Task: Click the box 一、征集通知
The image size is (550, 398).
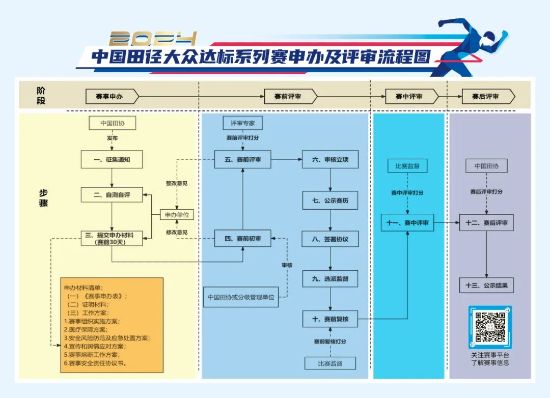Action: [112, 159]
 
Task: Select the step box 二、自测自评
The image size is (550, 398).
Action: [112, 194]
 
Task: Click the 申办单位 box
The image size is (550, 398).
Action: [177, 215]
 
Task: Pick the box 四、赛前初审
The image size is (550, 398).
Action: [242, 238]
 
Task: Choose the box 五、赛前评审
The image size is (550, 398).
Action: [242, 159]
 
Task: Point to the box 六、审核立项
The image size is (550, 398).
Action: [331, 159]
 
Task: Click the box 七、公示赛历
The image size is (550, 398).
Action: [331, 200]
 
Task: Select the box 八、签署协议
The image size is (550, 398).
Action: [331, 239]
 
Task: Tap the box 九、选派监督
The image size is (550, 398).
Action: [331, 279]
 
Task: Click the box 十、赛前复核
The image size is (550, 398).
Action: [331, 319]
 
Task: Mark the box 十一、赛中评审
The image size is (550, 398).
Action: [407, 222]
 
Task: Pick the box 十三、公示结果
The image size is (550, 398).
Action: [486, 285]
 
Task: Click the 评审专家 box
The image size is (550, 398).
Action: [242, 123]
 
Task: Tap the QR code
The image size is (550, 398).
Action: [490, 327]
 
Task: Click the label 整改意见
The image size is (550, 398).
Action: [177, 183]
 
